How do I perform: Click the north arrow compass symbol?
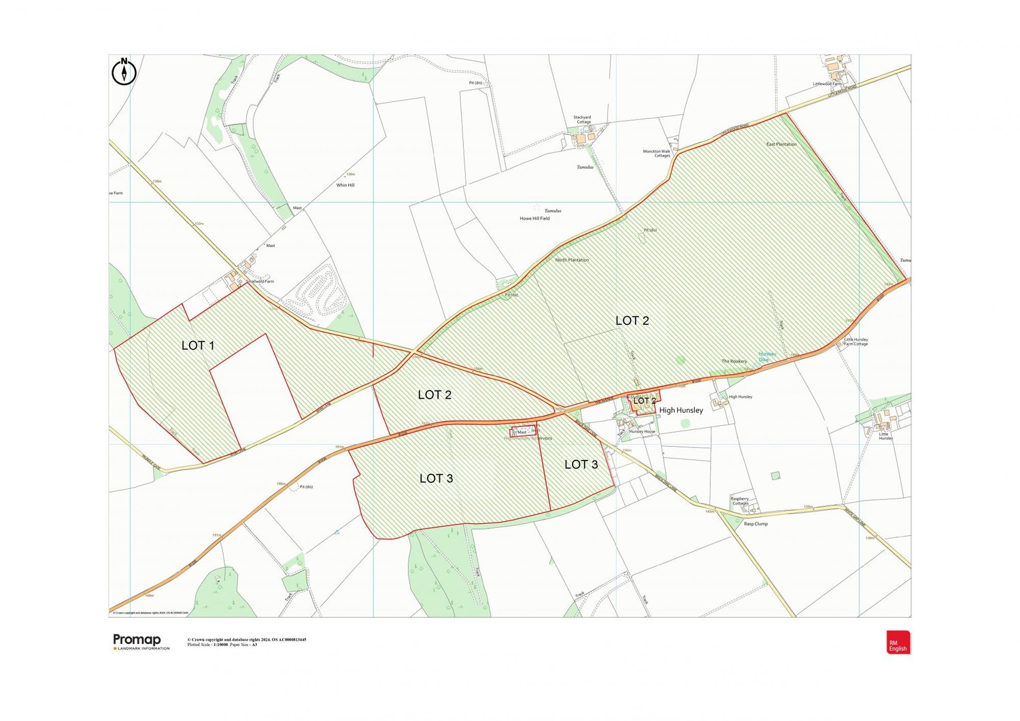pos(124,71)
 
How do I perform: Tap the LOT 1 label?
pos(198,346)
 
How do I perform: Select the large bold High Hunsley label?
pos(681,410)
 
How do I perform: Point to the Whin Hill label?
pos(345,185)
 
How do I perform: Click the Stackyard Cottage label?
pos(582,120)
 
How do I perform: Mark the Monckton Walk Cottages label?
pos(657,154)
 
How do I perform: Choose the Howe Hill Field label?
pos(534,218)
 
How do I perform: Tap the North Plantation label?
pos(572,260)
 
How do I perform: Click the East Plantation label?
pos(781,144)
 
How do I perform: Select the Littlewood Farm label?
pos(827,84)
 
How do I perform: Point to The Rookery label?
pos(734,361)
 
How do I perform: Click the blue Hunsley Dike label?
pos(768,356)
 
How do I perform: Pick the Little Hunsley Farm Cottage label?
pos(856,341)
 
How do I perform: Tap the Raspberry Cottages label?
pos(740,501)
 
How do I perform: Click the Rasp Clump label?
pos(755,524)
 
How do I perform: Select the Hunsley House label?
pos(642,431)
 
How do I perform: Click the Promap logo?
pos(137,640)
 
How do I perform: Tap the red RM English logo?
pos(898,642)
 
